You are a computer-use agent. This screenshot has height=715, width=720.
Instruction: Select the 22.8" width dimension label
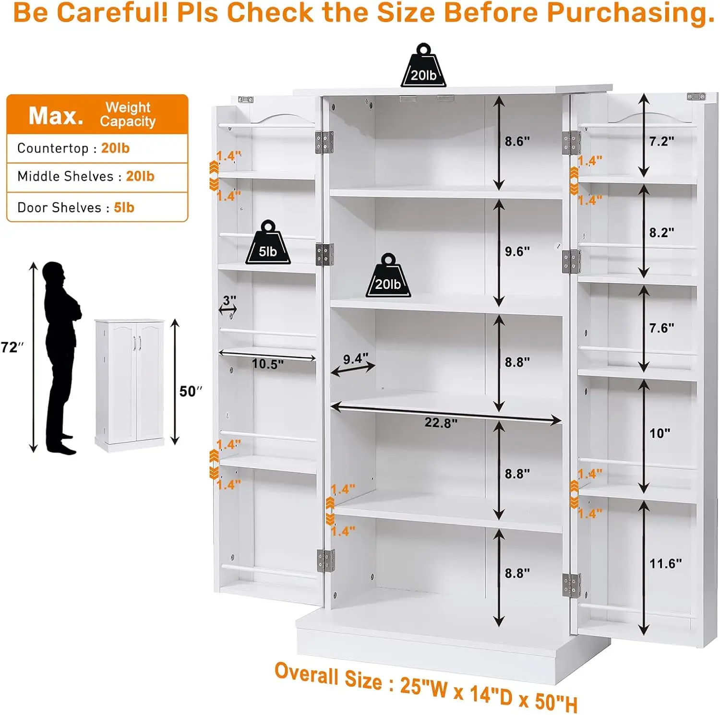coord(441,423)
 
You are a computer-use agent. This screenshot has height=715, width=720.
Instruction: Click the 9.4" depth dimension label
coord(356,359)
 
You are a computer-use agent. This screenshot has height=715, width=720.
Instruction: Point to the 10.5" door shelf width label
coord(268,364)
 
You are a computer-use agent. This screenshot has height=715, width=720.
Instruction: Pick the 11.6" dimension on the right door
coord(665,563)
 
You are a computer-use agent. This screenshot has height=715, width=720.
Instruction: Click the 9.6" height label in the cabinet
coord(517,251)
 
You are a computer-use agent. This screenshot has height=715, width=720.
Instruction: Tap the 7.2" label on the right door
coord(661,141)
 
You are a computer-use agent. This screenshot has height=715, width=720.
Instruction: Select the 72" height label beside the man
coord(12,347)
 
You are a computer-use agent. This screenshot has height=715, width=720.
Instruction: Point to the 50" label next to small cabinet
coord(191,391)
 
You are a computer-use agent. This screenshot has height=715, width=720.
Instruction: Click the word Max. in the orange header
coord(56,116)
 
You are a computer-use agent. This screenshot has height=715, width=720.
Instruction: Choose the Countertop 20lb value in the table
coord(115,148)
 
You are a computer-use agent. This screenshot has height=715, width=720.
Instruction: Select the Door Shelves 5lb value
coord(124,207)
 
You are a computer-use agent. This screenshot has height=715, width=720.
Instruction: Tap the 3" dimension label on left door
coord(229,300)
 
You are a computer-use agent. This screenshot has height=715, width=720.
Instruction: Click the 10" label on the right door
coord(660,433)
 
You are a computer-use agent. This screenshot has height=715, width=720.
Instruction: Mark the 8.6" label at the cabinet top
coord(517,141)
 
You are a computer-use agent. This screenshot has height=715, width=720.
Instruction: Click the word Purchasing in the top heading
coord(631,12)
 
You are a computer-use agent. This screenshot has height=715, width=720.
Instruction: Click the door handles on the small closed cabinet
coord(137,343)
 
